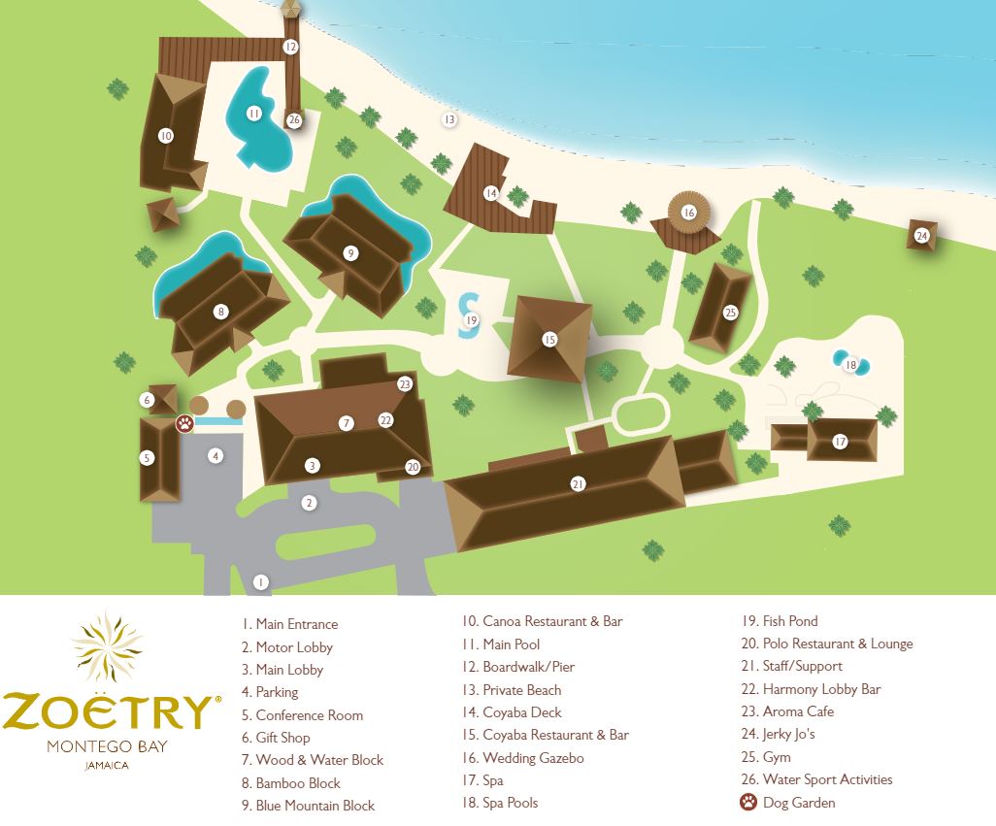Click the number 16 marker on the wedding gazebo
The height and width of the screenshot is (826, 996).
(x=689, y=212)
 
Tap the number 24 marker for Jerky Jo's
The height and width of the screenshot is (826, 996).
(x=921, y=235)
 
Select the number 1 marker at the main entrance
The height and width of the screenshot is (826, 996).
(x=260, y=582)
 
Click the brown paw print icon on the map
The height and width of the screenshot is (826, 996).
(x=184, y=423)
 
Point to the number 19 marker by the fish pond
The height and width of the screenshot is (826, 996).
(x=472, y=319)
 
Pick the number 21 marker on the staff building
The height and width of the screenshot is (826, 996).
(x=578, y=483)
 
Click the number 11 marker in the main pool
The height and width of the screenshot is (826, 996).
(x=253, y=114)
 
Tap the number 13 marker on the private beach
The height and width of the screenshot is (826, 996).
(x=448, y=119)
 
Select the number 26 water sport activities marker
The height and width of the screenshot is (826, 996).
(x=294, y=120)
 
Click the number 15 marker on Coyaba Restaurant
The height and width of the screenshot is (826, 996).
(x=549, y=339)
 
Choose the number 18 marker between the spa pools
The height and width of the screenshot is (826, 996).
(x=851, y=365)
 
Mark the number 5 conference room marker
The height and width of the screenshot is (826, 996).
(x=148, y=457)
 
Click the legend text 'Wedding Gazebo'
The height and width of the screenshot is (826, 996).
(x=533, y=758)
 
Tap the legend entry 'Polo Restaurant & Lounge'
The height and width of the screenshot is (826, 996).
(x=838, y=644)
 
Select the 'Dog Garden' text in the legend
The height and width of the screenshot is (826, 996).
(x=799, y=803)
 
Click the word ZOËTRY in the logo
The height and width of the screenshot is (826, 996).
(x=107, y=711)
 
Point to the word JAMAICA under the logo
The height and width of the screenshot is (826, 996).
(x=107, y=765)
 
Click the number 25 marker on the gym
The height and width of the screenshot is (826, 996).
(x=730, y=313)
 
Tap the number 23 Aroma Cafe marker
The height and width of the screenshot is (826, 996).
(x=405, y=384)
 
